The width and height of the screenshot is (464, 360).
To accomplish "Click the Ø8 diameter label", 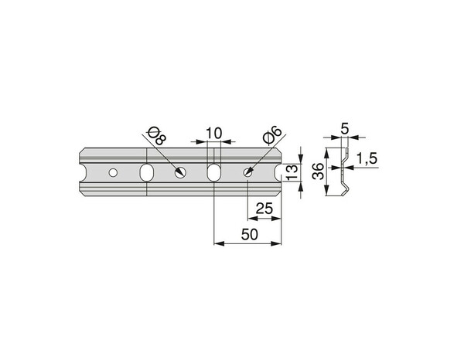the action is click(x=157, y=135).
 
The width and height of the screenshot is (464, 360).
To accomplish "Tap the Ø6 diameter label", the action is click(x=272, y=135).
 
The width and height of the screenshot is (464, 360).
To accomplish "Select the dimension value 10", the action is click(x=213, y=134).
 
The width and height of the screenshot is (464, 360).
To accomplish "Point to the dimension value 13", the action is click(x=292, y=172).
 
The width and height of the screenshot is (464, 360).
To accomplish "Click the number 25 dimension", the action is click(x=264, y=209).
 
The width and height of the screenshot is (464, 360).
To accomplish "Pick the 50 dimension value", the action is click(x=250, y=235).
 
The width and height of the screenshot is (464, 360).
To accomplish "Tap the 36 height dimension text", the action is click(x=319, y=172).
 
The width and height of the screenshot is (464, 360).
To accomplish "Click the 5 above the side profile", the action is click(x=345, y=129).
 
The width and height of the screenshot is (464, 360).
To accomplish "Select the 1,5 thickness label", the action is click(x=367, y=158).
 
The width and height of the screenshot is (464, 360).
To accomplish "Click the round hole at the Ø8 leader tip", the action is click(x=180, y=172).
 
